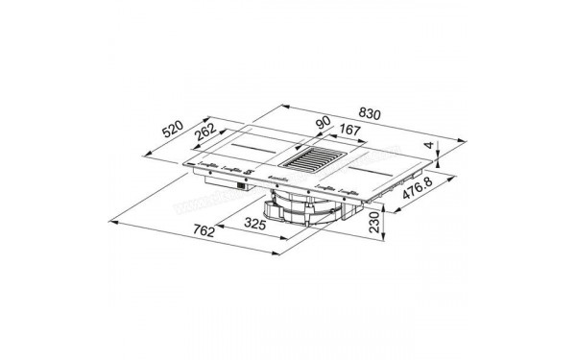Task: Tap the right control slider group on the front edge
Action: point(324,190)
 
